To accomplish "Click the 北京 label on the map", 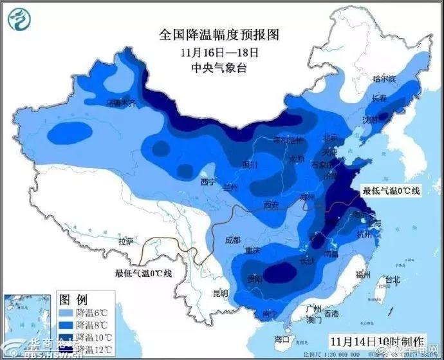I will tap(329, 137).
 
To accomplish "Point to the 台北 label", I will tap(391, 279).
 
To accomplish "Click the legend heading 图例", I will tap(73, 299).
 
